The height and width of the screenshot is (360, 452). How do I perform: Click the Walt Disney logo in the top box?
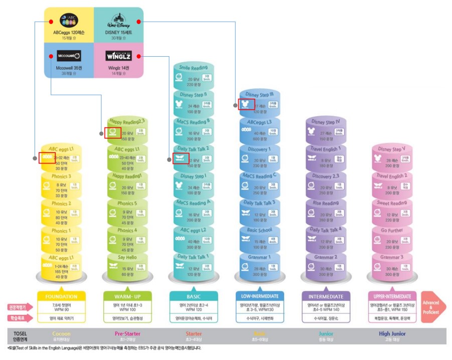[x=118, y=22]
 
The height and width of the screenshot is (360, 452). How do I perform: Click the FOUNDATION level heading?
[x=61, y=296]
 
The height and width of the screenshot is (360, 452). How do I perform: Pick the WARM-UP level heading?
[x=126, y=296]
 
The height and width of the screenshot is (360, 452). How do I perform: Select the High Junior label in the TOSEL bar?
[x=392, y=333]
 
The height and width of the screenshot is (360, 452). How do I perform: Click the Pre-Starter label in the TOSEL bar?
[x=127, y=333]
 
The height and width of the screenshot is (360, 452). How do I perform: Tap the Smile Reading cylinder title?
[x=193, y=68]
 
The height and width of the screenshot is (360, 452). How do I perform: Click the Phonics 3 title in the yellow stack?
[x=60, y=176]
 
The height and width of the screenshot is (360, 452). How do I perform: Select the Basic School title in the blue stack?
[x=259, y=230]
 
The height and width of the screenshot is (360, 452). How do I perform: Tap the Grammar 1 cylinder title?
[x=259, y=257]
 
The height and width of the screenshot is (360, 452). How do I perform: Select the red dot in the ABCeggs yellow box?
[x=51, y=22]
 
